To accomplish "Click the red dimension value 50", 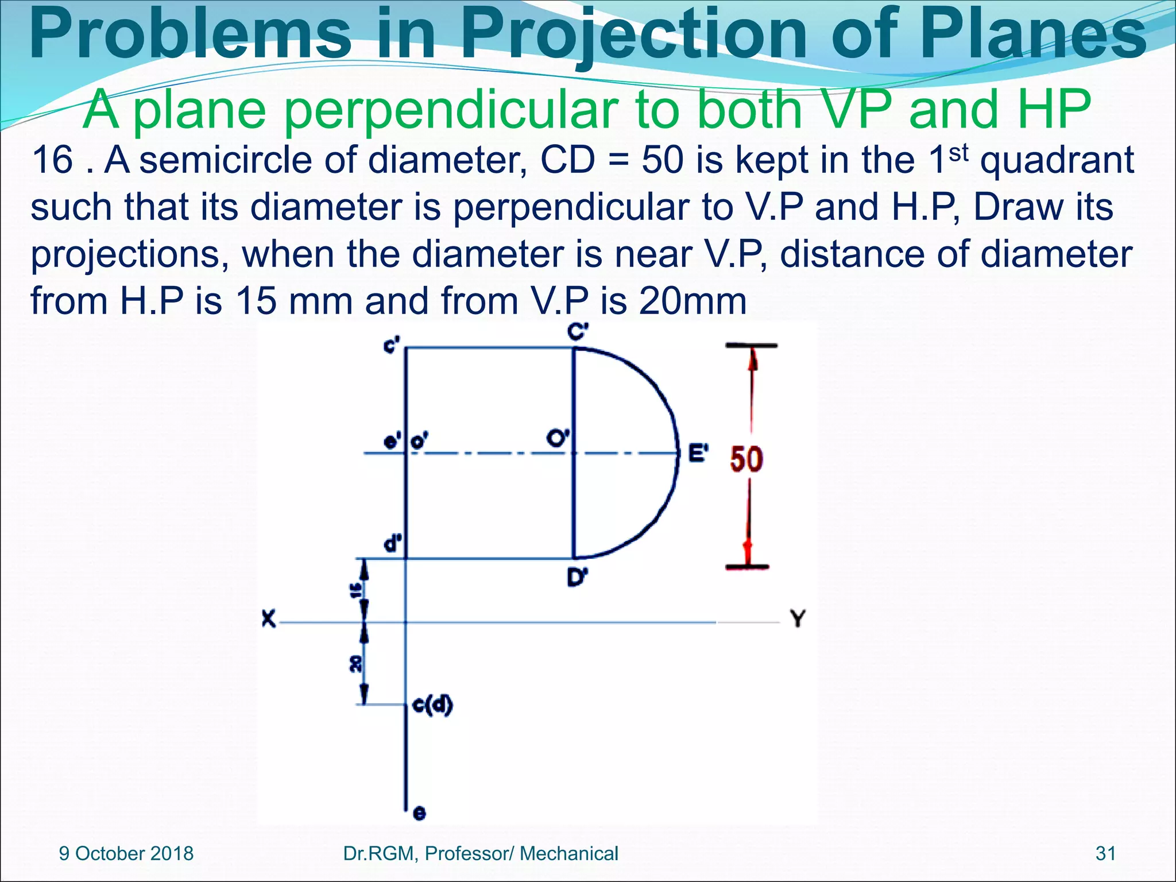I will tap(746, 459).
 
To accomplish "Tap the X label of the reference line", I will tap(268, 619).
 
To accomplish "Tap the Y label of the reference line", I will tap(798, 618).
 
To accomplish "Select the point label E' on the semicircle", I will tap(698, 453).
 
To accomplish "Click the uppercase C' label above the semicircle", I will tap(578, 332).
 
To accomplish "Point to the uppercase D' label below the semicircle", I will tap(577, 577).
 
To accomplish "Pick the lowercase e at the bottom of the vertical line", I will tap(420, 813).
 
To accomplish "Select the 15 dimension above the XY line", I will tap(356, 589).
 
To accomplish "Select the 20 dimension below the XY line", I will tap(356, 664).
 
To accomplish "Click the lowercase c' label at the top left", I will tap(392, 346).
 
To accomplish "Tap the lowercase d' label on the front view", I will tap(393, 543).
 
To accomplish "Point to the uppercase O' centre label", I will tap(557, 438).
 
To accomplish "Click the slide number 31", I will tap(1105, 853).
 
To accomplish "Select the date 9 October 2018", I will tap(126, 853).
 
